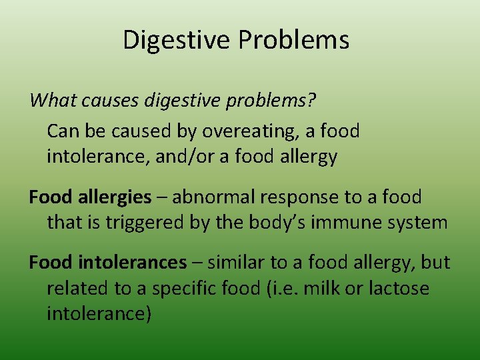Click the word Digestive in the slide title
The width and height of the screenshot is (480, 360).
pyautogui.click(x=177, y=41)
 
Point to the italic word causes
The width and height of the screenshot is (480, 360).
pyautogui.click(x=103, y=101)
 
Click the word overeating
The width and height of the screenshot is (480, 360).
pyautogui.click(x=247, y=131)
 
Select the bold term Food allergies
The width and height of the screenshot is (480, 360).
pyautogui.click(x=90, y=197)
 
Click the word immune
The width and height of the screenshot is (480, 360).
pyautogui.click(x=333, y=222)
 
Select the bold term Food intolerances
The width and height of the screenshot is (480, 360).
pyautogui.click(x=107, y=263)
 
